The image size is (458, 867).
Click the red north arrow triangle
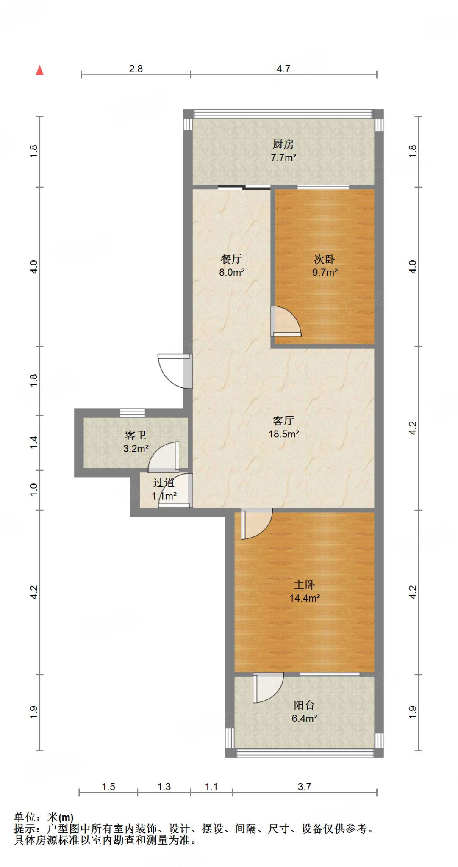pyautogui.click(x=40, y=70)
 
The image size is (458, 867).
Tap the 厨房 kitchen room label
pyautogui.click(x=283, y=144)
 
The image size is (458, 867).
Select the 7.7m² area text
pyautogui.click(x=283, y=157)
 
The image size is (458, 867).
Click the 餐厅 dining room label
pyautogui.click(x=231, y=259)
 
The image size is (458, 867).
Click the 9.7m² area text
pyautogui.click(x=325, y=272)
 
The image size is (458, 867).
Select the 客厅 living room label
pyautogui.click(x=283, y=420)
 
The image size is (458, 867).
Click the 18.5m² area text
pyautogui.click(x=283, y=434)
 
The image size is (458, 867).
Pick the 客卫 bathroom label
pyautogui.click(x=136, y=435)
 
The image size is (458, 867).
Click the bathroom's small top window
pyautogui.click(x=132, y=412)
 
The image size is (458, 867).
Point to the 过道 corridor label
pyautogui.click(x=164, y=483)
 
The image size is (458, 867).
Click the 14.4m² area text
pyautogui.click(x=304, y=598)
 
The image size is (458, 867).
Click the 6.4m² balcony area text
pyautogui.click(x=304, y=718)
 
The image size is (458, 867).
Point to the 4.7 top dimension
pyautogui.click(x=283, y=69)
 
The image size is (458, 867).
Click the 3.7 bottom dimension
pyautogui.click(x=304, y=787)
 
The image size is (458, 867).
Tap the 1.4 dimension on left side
pyautogui.click(x=34, y=442)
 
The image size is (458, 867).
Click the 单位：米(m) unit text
pyautogui.click(x=44, y=817)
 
